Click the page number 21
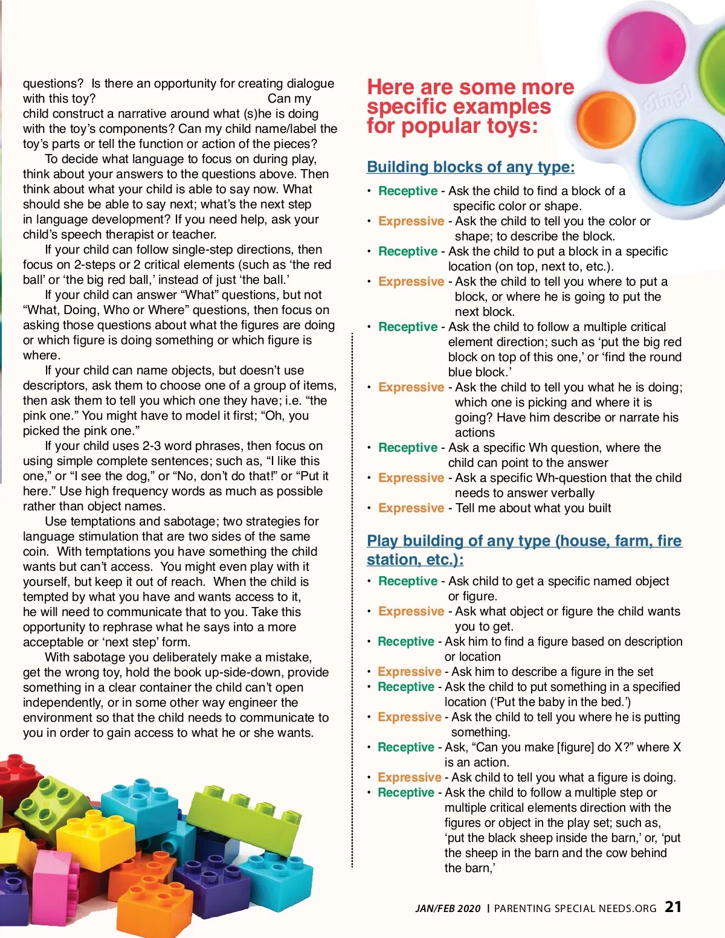pos(673,907)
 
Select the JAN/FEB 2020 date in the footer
pos(448,908)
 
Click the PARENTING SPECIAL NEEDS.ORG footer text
pos(575,908)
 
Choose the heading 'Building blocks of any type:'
pos(471,167)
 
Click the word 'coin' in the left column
pos(35,551)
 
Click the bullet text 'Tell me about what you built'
pos(533,508)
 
